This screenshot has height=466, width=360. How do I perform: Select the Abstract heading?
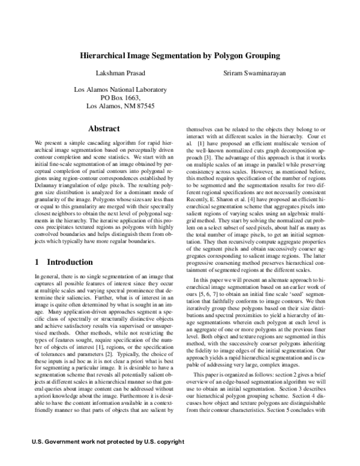click(x=104, y=129)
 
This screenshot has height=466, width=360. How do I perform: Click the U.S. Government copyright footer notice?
click(x=107, y=459)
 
